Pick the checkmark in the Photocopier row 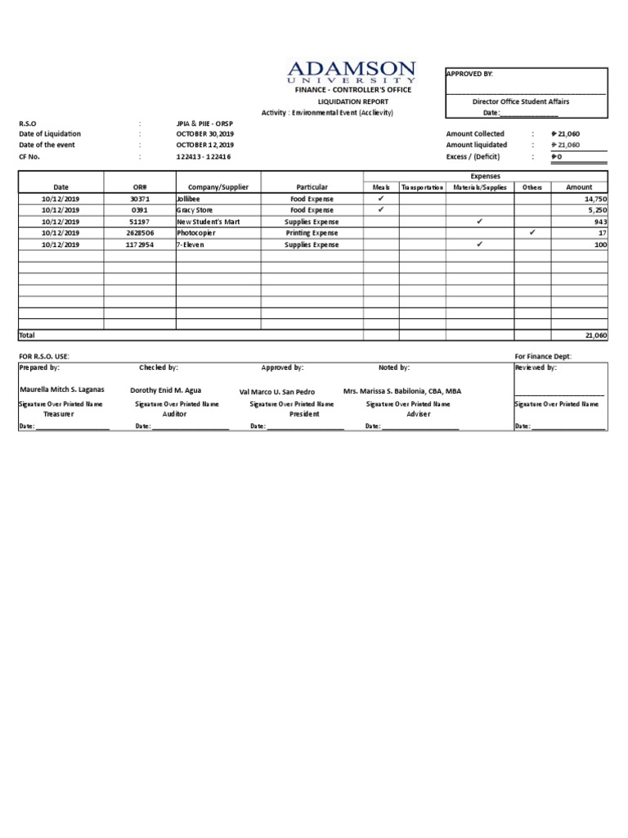click(532, 232)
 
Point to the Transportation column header click(423, 187)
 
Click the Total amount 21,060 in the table click(596, 336)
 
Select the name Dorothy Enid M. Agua click(165, 390)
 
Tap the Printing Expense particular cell click(312, 233)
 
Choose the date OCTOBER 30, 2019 click(205, 133)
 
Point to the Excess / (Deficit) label click(473, 156)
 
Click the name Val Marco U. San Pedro click(276, 392)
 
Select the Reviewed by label click(536, 368)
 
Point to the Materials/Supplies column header click(480, 187)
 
